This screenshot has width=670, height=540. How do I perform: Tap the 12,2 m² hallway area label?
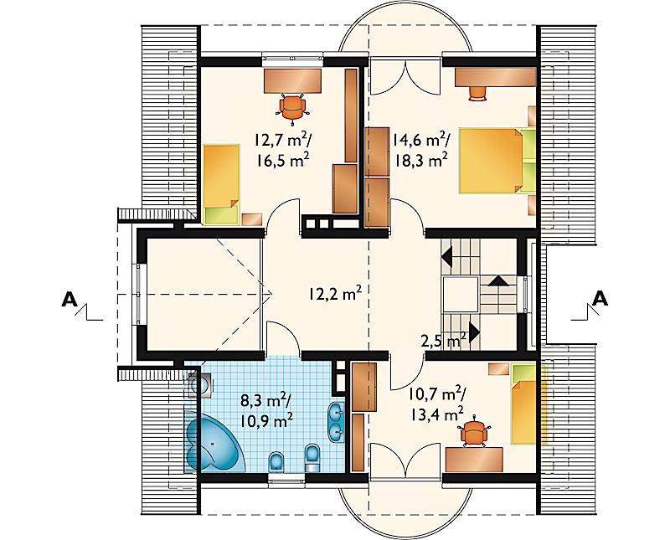click(x=334, y=295)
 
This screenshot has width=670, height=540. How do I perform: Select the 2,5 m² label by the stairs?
click(x=444, y=341)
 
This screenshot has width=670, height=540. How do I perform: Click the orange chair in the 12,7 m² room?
click(x=293, y=108)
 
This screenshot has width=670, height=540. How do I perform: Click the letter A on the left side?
click(x=70, y=300)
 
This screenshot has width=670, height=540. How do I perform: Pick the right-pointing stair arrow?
click(x=474, y=332)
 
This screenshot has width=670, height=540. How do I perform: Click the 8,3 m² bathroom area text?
click(x=265, y=401)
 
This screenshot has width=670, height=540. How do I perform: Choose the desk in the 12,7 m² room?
click(x=292, y=80)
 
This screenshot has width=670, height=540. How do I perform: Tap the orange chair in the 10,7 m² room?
click(x=474, y=432)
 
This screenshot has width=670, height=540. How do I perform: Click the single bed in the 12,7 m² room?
click(x=221, y=184)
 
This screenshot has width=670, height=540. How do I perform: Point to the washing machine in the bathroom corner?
click(x=200, y=386)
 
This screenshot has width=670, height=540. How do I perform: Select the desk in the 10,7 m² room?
click(x=474, y=460)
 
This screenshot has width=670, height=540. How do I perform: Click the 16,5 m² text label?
click(x=283, y=160)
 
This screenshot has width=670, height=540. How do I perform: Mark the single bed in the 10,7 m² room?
click(x=524, y=404)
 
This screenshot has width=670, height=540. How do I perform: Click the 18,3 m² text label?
click(x=421, y=159)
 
